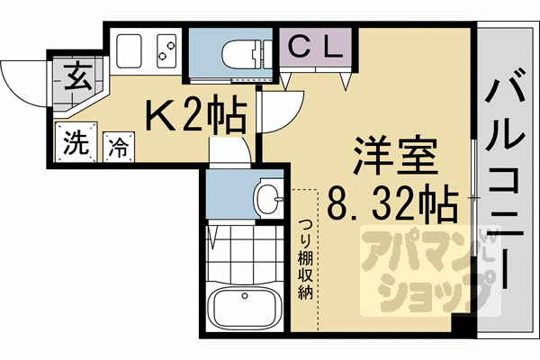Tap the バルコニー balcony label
click(x=507, y=180)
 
